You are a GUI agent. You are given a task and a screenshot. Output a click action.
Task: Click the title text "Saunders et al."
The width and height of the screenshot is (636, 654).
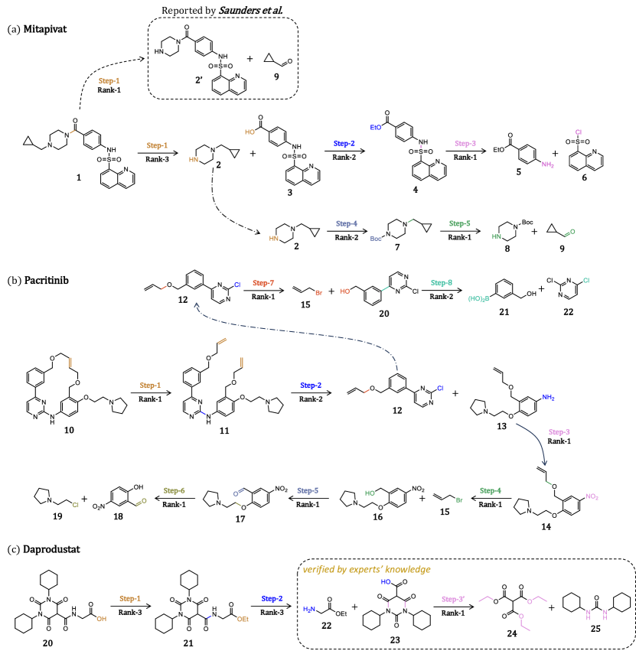(x=250, y=10)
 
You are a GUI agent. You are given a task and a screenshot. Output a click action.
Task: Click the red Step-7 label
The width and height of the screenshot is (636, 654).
(x=263, y=284)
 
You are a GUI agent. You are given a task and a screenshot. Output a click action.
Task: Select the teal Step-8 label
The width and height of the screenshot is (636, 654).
(x=441, y=283)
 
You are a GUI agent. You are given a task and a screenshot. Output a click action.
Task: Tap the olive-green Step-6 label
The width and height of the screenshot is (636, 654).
(x=174, y=491)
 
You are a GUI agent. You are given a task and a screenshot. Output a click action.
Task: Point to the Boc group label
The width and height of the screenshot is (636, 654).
(x=376, y=239)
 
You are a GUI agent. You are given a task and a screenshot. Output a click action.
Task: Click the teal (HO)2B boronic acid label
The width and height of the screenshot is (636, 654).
(x=478, y=299)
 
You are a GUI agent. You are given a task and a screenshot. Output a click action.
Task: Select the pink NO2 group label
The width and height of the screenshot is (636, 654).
(x=592, y=497)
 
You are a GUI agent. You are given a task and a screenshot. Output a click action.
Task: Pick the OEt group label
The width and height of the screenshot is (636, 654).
(x=243, y=620)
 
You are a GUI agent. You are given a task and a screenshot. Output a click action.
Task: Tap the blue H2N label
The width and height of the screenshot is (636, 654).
(x=309, y=610)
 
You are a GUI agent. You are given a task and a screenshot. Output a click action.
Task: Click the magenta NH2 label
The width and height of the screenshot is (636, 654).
(x=547, y=164)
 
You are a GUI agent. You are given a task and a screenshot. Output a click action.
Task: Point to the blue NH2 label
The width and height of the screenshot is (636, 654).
(x=548, y=398)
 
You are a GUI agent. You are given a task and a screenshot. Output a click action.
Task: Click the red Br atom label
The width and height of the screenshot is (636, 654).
(x=318, y=293)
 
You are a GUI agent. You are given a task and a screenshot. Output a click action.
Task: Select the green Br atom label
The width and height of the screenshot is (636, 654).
(x=459, y=500)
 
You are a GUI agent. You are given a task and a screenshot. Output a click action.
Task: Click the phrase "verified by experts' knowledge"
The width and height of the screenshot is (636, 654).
(x=366, y=570)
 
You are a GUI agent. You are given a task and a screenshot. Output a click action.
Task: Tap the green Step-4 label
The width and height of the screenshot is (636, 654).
(x=490, y=491)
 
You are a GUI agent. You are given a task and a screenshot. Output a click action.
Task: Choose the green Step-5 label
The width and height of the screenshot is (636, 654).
(x=459, y=224)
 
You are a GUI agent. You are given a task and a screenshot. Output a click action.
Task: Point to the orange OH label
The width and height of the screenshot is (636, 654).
(x=101, y=619)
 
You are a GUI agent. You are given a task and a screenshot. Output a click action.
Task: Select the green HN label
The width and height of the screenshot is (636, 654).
(x=496, y=237)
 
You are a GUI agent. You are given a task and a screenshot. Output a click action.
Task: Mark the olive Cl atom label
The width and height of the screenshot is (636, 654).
(x=76, y=505)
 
